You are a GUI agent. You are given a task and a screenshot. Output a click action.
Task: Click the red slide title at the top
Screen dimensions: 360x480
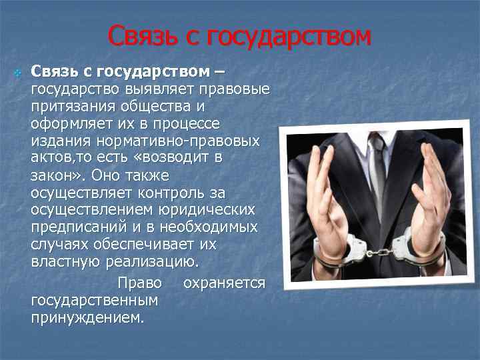239,37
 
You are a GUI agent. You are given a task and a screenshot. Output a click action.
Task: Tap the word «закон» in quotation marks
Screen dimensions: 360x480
53,176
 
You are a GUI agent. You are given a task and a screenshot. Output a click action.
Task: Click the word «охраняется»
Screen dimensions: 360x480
224,283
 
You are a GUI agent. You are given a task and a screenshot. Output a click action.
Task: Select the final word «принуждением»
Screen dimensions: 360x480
87,317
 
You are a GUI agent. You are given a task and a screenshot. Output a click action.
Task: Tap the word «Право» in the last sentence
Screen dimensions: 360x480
139,283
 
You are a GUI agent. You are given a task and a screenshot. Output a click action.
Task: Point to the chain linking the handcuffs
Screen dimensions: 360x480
379,253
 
